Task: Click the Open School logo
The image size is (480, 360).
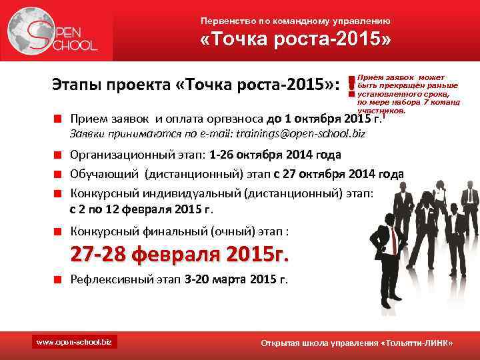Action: tap(53, 32)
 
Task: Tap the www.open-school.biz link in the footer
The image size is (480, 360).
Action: tap(73, 342)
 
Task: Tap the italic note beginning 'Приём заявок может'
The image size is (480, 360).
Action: tap(407, 94)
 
